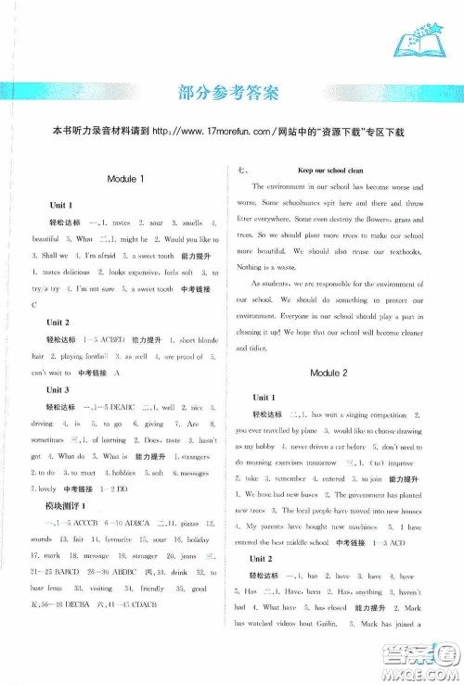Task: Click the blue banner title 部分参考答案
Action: pos(232,92)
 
